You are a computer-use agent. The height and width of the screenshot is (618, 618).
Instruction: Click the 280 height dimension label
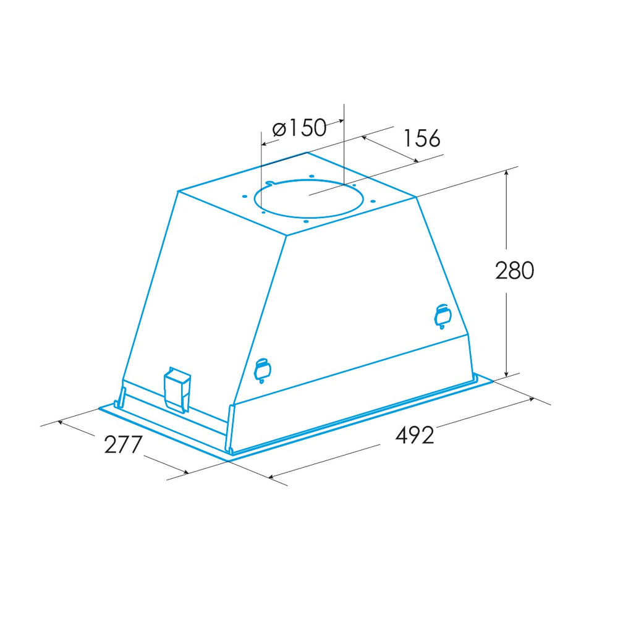(514, 271)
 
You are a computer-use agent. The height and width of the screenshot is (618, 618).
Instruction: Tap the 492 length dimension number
(414, 434)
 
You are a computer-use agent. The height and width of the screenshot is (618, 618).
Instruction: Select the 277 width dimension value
(122, 444)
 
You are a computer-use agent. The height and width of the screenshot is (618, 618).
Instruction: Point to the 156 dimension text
(421, 138)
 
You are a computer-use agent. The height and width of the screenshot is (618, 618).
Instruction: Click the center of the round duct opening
(308, 198)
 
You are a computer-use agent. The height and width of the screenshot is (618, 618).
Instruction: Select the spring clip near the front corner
(262, 370)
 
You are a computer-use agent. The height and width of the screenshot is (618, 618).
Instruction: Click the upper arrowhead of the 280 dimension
(507, 172)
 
